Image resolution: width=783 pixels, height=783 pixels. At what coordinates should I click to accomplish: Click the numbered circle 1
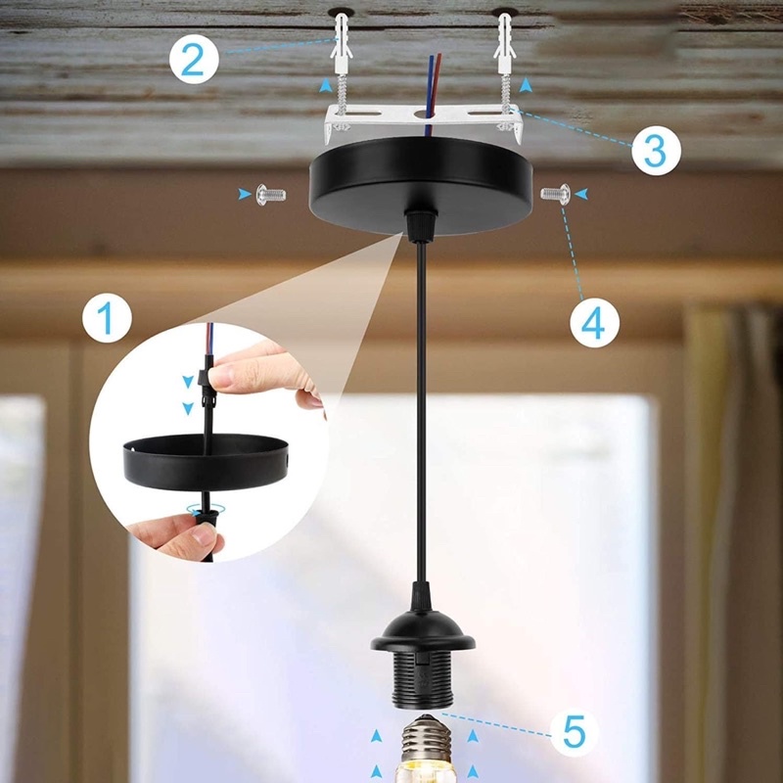pos(107,317)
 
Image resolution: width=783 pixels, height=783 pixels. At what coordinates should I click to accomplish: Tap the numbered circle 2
pos(194,59)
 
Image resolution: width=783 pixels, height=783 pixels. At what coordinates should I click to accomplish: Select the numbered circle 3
pos(656,151)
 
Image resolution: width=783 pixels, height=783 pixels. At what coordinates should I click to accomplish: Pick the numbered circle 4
pos(594,323)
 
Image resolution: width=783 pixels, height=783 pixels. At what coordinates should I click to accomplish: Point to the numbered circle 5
pos(575,732)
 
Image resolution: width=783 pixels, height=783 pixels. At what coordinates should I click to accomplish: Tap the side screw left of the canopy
pos(271,194)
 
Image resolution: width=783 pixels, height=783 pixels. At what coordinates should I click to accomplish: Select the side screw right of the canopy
pos(555,194)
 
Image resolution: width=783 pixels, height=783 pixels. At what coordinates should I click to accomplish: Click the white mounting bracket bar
pos(424,117)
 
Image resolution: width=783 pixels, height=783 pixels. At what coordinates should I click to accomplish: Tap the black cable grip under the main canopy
pos(421,226)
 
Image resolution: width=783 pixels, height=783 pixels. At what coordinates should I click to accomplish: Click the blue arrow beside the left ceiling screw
pos(326,85)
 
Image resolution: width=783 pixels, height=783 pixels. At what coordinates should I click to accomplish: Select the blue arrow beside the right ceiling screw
pos(526,85)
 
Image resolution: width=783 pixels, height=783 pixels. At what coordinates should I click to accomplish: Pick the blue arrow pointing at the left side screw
pos(245,194)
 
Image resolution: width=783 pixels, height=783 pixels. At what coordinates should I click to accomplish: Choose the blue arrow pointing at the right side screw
pos(580,194)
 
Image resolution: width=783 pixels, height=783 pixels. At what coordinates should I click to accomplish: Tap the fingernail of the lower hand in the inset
pos(206,534)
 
